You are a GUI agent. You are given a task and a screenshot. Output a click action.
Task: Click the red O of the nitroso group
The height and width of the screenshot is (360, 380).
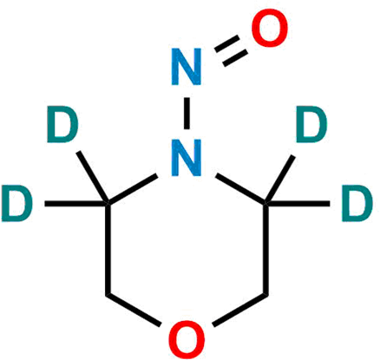pos(270,28)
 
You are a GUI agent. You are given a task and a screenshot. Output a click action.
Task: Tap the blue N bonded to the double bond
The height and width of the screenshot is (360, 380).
pos(187,67)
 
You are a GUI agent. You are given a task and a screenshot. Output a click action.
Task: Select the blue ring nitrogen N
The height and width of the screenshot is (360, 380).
pos(187,158)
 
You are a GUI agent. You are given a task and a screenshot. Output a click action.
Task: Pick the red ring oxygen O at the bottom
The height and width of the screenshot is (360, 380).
pos(187,339)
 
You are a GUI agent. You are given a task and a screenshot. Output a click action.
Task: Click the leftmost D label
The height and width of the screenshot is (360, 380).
pos(16,204)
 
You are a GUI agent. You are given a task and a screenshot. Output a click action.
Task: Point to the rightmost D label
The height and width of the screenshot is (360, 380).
pos(357,204)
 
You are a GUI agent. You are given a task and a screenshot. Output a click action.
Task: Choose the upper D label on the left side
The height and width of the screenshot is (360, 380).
pos(62,124)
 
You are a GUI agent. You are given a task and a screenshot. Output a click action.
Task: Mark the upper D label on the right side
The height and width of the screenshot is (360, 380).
pos(311,124)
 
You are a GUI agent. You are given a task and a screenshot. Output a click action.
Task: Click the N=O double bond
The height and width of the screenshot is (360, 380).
pos(231,51)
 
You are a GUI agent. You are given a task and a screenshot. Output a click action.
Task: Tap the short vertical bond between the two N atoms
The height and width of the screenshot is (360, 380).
pos(187,114)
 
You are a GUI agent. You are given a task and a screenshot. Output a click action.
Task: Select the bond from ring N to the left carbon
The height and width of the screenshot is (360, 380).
pos(132,189)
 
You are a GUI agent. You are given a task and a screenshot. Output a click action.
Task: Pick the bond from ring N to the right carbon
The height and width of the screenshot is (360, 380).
pos(241,189)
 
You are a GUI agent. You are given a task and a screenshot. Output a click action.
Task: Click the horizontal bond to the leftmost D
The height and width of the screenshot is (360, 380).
pos(76,204)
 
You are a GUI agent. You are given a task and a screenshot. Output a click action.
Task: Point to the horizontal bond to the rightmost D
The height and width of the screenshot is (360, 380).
pos(298,204)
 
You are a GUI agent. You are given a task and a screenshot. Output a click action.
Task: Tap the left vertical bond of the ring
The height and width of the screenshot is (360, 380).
pos(108,249)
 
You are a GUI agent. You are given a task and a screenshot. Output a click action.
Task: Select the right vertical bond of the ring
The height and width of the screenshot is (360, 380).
pos(265,249)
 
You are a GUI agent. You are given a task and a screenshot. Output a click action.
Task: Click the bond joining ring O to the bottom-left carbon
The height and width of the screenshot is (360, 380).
pos(133,310)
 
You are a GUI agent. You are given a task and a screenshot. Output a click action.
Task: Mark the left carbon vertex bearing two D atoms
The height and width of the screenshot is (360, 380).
pos(108,204)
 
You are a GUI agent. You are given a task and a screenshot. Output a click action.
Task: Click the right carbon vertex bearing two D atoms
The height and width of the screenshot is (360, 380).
pos(265,204)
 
